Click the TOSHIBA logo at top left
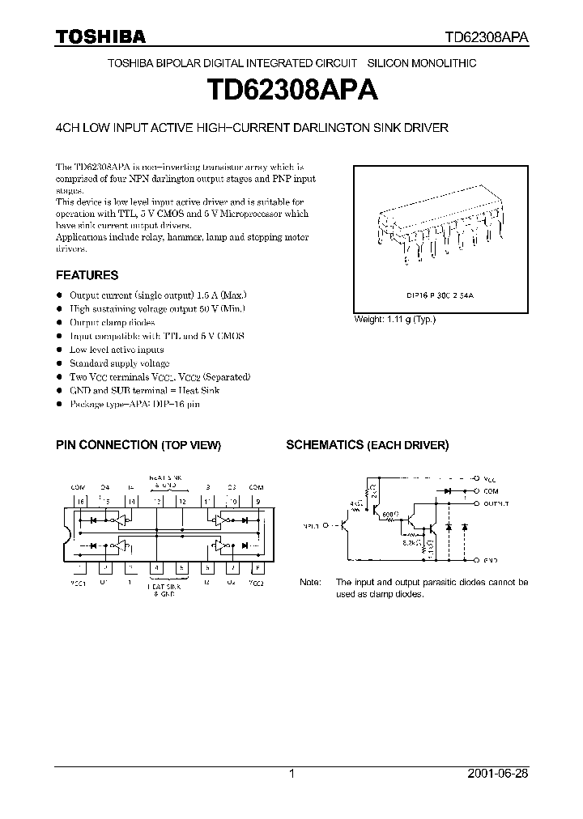[100, 36]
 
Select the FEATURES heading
[87, 275]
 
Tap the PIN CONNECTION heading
[106, 445]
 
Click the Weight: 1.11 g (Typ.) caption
[394, 320]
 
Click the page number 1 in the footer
[291, 774]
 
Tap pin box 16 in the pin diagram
[79, 501]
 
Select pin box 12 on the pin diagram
[182, 501]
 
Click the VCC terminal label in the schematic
[491, 477]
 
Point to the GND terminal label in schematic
[491, 559]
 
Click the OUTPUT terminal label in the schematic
[496, 503]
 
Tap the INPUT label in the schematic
[309, 524]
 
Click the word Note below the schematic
[310, 582]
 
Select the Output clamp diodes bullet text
[112, 322]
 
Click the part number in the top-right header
[487, 37]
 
